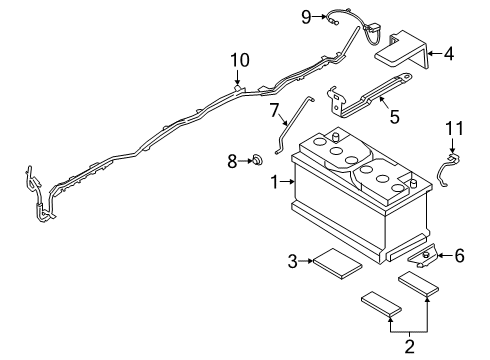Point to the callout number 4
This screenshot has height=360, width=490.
click(450, 53)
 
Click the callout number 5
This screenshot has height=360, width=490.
click(394, 117)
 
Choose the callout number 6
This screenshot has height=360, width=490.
click(459, 256)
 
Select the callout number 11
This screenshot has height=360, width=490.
click(455, 127)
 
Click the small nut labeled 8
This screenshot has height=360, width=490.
click(255, 159)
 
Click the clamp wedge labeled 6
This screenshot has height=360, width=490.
click(425, 258)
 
